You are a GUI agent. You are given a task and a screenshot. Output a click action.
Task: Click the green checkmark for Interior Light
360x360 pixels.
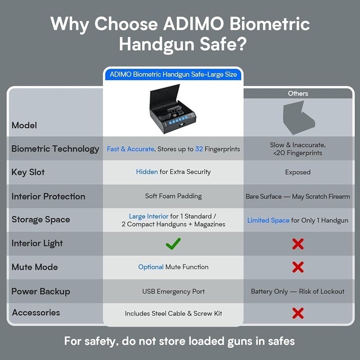(173, 244)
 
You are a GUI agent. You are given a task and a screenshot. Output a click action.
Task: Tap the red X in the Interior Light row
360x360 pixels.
(297, 244)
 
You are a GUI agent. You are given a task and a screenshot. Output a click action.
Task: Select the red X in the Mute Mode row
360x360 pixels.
(297, 267)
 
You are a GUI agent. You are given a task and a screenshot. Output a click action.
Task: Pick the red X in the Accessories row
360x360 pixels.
(297, 313)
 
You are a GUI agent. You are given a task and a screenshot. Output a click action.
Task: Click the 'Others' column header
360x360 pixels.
(298, 94)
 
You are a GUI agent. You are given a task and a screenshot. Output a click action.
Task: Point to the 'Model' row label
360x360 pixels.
(24, 125)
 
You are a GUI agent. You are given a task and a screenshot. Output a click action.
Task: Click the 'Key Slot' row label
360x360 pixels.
(28, 172)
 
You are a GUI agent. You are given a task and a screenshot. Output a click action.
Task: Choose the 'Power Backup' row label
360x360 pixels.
(40, 291)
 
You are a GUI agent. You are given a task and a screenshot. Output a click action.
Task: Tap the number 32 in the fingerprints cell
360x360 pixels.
(199, 149)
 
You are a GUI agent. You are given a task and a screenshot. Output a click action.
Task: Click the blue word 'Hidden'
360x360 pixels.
(147, 172)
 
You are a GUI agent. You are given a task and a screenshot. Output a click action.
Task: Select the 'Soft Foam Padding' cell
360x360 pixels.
(173, 196)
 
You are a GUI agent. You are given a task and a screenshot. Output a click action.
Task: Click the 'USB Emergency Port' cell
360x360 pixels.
(173, 292)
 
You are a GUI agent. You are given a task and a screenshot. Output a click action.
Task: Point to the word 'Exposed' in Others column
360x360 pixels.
(297, 172)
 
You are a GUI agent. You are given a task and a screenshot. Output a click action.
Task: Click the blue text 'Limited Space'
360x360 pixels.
(268, 220)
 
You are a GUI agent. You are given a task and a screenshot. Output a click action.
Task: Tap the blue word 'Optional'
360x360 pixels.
(151, 267)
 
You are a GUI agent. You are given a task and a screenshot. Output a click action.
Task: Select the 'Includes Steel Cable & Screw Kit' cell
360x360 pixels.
(173, 313)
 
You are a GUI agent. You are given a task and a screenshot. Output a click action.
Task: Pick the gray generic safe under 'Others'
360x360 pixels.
(297, 118)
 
